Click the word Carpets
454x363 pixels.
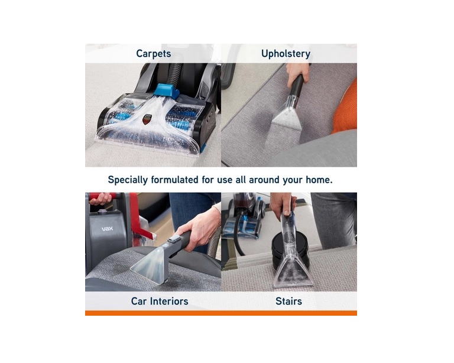[153, 54]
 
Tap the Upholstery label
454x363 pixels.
[286, 54]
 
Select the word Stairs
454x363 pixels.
[288, 302]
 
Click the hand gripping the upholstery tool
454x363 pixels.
[297, 72]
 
